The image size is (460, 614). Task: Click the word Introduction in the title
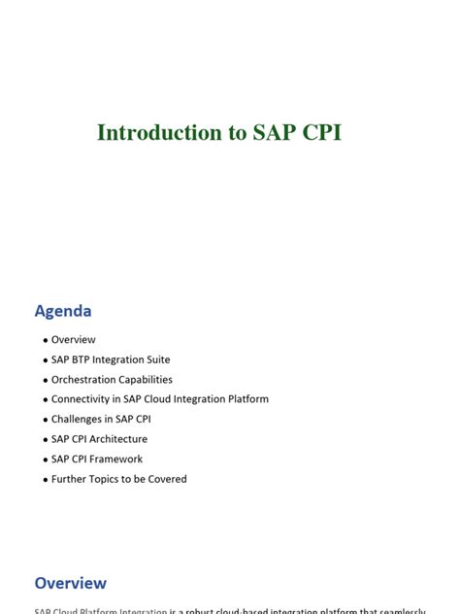[x=159, y=133]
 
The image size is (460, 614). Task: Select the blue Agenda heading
[x=63, y=311]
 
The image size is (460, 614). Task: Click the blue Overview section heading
[x=70, y=583]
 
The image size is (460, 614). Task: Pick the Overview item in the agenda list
[x=74, y=340]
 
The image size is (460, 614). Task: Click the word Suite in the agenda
[x=157, y=359]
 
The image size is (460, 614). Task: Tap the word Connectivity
[x=82, y=399]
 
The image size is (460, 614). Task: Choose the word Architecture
[x=116, y=439]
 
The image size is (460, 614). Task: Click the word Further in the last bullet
[x=69, y=479]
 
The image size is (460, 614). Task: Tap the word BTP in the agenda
[x=82, y=359]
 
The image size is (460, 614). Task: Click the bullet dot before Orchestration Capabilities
[x=46, y=381]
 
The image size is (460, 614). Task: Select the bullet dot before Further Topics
[x=46, y=480]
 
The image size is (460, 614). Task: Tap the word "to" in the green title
[x=238, y=133]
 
